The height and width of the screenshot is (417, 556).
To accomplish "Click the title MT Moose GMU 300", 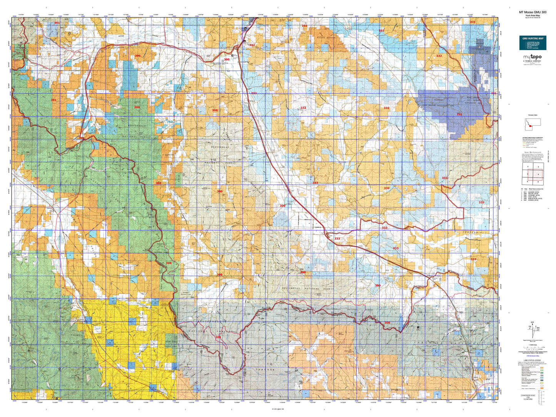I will point(533,12).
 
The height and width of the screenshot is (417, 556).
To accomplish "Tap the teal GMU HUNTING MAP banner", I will point(533,43).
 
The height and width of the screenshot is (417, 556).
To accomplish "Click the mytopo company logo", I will point(533,58).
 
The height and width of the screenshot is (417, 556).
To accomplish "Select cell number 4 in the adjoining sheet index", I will point(538,174).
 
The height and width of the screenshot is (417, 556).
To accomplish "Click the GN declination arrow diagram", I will point(533,329).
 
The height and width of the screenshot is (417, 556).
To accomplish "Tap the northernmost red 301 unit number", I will point(57,23).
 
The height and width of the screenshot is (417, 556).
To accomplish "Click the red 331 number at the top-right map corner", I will point(472,22).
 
